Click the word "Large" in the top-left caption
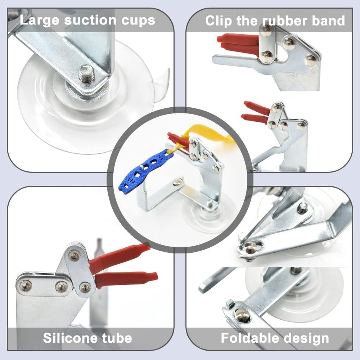[x=40, y=20]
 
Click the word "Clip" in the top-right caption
[x=219, y=21]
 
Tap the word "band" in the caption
[x=327, y=21]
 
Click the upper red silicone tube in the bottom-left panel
[x=119, y=257]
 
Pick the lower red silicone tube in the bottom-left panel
[x=126, y=279]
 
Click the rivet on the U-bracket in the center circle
[x=177, y=183]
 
